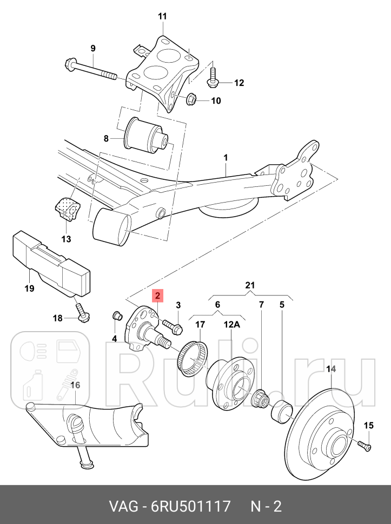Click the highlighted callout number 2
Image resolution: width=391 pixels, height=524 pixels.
157,295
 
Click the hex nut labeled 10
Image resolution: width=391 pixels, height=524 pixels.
190,99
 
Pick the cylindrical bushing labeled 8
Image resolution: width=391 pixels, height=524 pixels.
148,137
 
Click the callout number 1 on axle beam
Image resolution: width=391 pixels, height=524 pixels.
226,158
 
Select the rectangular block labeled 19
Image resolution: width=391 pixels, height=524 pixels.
51,261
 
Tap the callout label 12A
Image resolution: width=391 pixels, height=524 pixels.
232,325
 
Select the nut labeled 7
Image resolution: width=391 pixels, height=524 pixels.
261,400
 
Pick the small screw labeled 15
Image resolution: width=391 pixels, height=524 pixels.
364,444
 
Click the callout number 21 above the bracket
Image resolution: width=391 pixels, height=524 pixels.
250,285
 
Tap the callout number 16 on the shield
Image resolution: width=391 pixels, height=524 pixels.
75,385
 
